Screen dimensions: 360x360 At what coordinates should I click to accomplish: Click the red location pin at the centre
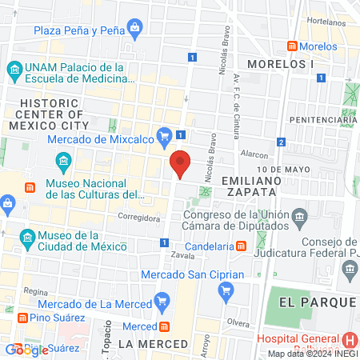180,162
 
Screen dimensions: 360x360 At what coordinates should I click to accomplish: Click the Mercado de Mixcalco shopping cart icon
165,134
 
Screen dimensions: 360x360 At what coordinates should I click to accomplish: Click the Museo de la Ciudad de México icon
27,237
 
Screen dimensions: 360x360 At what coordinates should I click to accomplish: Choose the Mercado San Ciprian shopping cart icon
225,286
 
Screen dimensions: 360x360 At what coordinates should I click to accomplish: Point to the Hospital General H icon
350,341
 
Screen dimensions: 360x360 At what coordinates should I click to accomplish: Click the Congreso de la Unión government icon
300,215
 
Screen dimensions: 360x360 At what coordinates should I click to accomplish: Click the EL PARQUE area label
317,302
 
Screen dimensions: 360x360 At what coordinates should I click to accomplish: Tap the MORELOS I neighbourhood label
280,62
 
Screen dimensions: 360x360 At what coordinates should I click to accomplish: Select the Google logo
26,350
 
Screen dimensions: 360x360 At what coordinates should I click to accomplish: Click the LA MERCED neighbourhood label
152,344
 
